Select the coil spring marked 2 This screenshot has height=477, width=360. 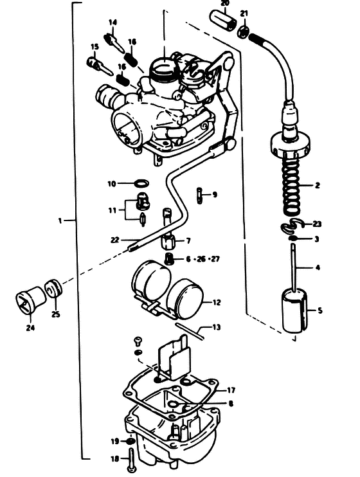[x=292, y=183]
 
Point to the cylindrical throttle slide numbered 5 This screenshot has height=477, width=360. [x=295, y=311]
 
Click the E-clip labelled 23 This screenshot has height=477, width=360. [x=291, y=226]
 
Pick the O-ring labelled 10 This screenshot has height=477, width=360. [x=141, y=183]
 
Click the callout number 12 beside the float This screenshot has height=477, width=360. [x=217, y=303]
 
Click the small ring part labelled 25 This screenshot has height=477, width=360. [x=53, y=289]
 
